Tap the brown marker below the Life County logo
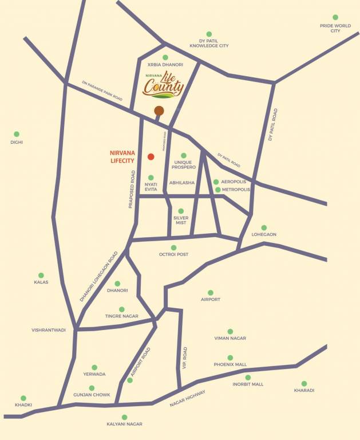tap(159, 111)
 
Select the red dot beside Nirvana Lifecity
tap(151, 156)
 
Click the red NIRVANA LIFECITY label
tap(122, 157)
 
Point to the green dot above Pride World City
tap(335, 18)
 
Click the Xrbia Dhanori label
tap(165, 65)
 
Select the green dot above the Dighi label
tap(16, 134)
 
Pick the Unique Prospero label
tap(184, 164)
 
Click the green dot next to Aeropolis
tap(216, 182)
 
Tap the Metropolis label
tap(236, 190)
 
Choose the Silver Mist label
tap(181, 220)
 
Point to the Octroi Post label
tap(173, 254)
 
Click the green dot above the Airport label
tap(211, 292)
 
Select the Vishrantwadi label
tap(49, 330)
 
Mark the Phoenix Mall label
tap(230, 364)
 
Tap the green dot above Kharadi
tap(304, 383)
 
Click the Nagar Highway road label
tap(187, 398)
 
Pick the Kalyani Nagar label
tap(124, 424)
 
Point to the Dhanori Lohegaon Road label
tap(99, 276)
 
